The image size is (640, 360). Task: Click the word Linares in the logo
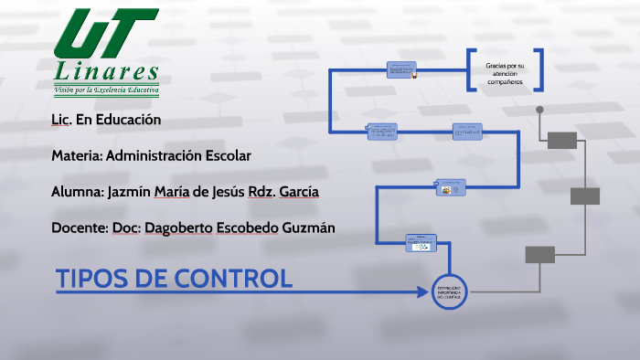(x=107, y=71)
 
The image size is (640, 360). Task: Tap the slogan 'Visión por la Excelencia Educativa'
(x=107, y=90)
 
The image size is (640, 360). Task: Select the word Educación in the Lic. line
(x=131, y=120)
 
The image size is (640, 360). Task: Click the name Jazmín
(x=132, y=191)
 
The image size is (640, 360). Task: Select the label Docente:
(x=79, y=227)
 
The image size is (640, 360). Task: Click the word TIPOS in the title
(x=90, y=279)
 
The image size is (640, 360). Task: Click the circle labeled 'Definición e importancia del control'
(x=450, y=291)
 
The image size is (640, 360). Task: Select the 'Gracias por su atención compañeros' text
(x=505, y=70)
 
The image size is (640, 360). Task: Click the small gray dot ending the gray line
(x=539, y=110)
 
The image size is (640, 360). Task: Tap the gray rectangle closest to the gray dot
(x=562, y=140)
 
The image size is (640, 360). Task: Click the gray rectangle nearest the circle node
(x=539, y=255)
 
